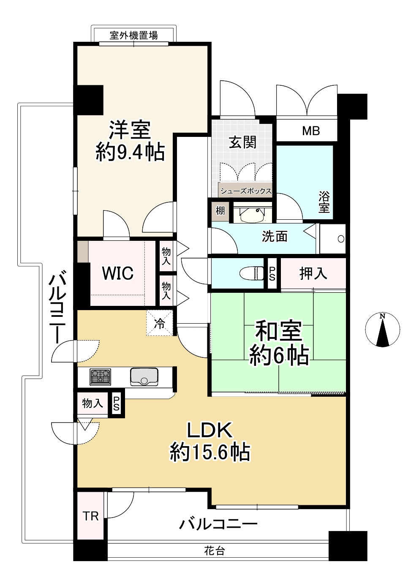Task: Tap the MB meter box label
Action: (x=311, y=131)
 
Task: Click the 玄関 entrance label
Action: (x=243, y=142)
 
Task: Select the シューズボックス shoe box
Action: (x=245, y=191)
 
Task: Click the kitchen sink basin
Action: (x=144, y=376)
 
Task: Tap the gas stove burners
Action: (x=100, y=376)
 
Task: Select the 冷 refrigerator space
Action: (x=160, y=324)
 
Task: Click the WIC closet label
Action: (x=118, y=273)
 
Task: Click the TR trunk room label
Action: (x=90, y=516)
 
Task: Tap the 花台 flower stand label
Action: (x=215, y=551)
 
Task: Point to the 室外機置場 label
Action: (x=134, y=35)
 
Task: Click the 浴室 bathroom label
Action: (x=324, y=202)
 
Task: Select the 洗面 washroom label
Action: (x=275, y=237)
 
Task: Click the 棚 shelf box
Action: (x=220, y=210)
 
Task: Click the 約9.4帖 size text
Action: (x=130, y=152)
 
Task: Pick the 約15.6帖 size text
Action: (x=210, y=452)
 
